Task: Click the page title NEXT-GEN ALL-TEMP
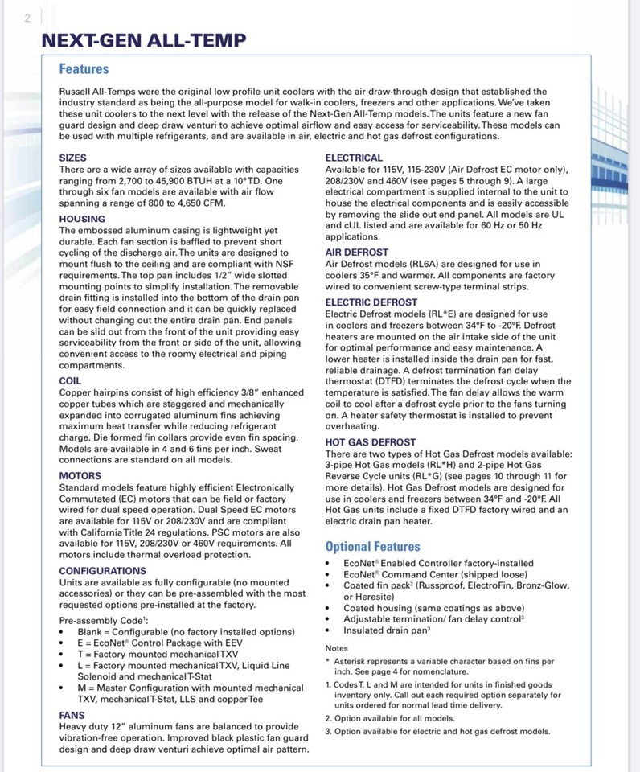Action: tap(144, 40)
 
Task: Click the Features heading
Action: tap(84, 69)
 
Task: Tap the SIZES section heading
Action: tap(73, 158)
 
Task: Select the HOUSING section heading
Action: tap(82, 219)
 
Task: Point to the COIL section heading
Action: tap(71, 380)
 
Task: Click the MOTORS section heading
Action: tap(80, 476)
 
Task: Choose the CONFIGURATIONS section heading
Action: tap(103, 570)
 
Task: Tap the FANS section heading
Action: tap(72, 714)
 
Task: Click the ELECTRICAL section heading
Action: tap(354, 158)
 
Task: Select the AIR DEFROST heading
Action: tap(356, 253)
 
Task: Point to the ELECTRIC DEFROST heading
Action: tap(371, 302)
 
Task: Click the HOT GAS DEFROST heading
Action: tap(371, 442)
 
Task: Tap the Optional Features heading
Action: tap(372, 546)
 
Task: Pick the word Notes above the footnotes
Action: tap(337, 648)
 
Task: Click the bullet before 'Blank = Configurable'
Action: tap(63, 632)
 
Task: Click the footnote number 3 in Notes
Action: tap(328, 731)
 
